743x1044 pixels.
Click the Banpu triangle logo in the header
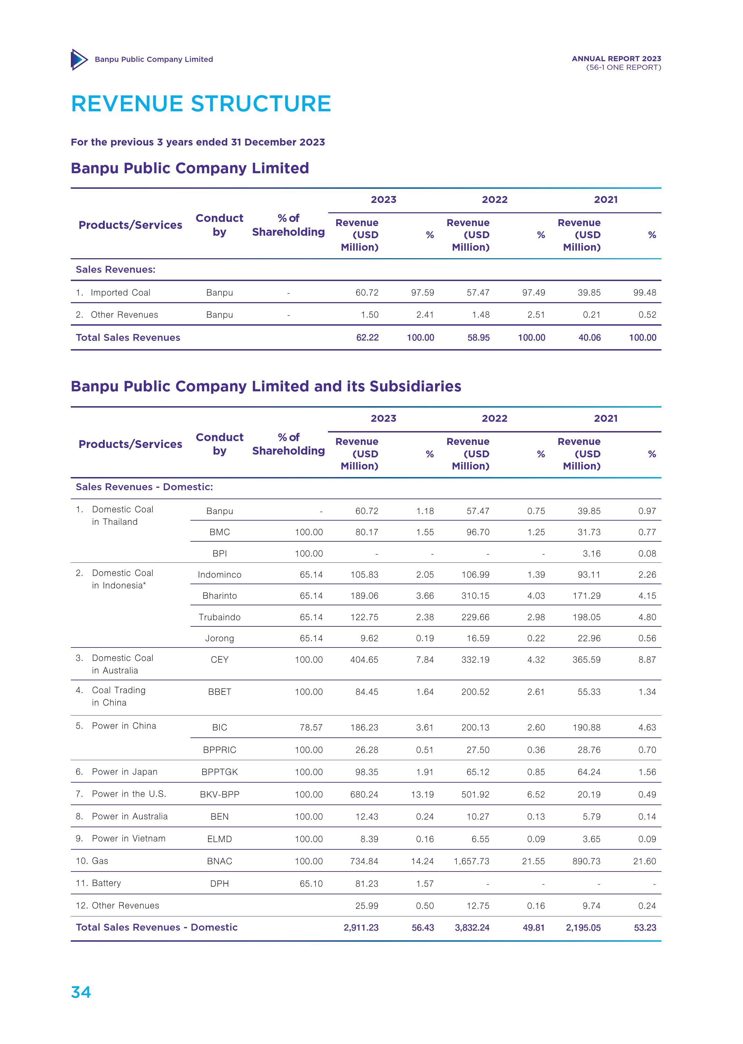[79, 59]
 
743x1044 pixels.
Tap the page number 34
[81, 992]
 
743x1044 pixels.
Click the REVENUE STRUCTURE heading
[201, 104]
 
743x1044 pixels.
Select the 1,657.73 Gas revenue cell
[471, 861]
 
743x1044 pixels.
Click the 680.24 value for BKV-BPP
[364, 794]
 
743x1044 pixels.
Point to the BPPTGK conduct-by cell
[219, 772]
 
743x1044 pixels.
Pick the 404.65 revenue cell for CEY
[364, 660]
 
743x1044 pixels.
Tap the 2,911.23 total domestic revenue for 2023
[361, 927]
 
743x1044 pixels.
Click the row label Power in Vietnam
[129, 839]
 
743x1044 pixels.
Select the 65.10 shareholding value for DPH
[311, 883]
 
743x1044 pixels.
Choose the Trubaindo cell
[219, 617]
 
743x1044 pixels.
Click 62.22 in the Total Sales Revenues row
[367, 337]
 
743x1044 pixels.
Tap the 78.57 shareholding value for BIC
[311, 727]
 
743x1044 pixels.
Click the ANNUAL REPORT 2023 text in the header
[616, 58]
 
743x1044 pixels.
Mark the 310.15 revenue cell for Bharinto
[476, 595]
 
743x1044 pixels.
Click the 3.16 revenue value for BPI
[592, 553]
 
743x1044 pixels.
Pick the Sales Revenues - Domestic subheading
[144, 486]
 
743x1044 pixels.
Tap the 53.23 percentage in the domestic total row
[645, 927]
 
